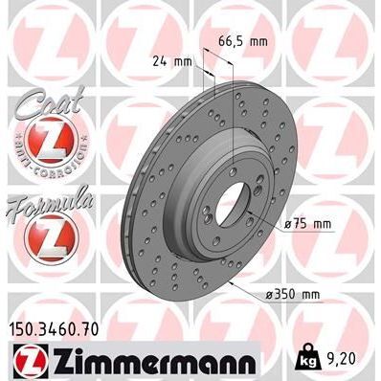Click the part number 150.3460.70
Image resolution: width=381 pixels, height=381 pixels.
click(59, 329)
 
